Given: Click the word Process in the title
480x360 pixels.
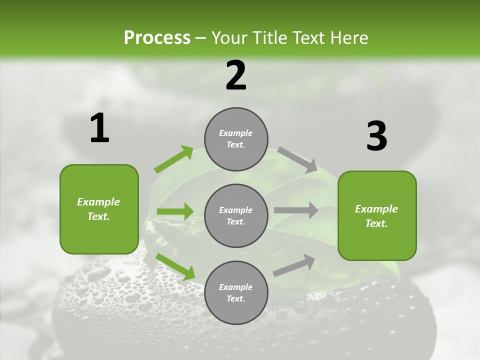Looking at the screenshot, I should click(157, 38).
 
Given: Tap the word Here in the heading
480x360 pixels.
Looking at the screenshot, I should click(348, 38).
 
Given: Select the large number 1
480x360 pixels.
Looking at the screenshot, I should click(99, 128).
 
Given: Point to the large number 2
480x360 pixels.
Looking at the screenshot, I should click(236, 75).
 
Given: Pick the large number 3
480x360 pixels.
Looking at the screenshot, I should click(376, 136).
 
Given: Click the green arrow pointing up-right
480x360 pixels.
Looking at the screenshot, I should click(174, 159).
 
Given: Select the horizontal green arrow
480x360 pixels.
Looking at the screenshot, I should click(175, 211).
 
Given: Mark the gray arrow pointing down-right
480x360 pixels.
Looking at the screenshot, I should click(297, 159).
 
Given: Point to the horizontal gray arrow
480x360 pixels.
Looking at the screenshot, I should click(295, 210).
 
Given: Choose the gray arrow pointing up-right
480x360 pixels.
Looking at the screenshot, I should click(294, 265).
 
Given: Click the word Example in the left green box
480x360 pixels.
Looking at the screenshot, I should click(98, 202).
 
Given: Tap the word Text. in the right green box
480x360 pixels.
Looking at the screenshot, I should click(376, 223).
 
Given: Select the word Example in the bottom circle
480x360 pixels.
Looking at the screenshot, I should click(235, 287).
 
